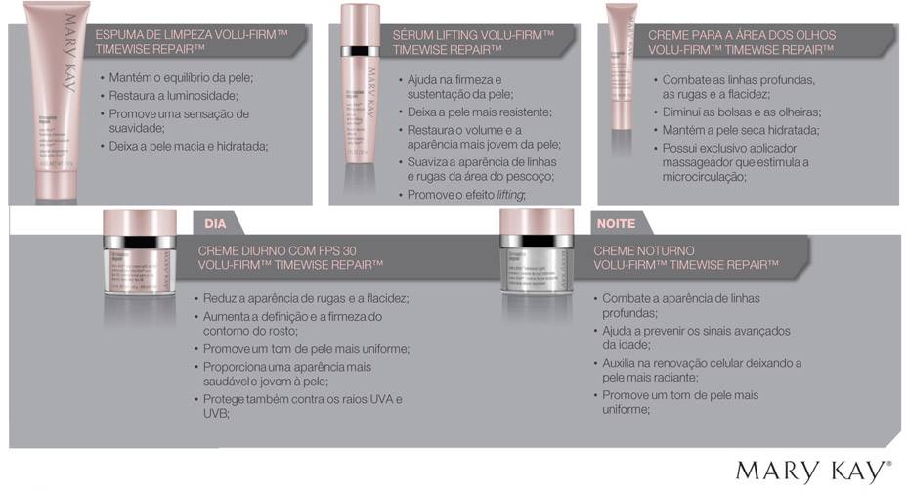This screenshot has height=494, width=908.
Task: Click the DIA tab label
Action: coord(215,223)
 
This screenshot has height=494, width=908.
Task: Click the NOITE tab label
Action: coord(615,223)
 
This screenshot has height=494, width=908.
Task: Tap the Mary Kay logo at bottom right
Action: coord(813,471)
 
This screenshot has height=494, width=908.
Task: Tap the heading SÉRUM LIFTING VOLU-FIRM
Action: coord(473,42)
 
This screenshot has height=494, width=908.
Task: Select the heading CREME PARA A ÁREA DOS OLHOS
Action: coord(742,41)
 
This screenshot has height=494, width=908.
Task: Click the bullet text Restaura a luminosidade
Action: coord(174,96)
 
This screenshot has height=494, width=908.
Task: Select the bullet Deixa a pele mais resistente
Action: coord(480,112)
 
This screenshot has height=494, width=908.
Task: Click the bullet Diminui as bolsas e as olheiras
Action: coord(741,112)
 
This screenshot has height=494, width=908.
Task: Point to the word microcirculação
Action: coord(704,177)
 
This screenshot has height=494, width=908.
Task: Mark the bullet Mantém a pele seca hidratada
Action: coord(740,129)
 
